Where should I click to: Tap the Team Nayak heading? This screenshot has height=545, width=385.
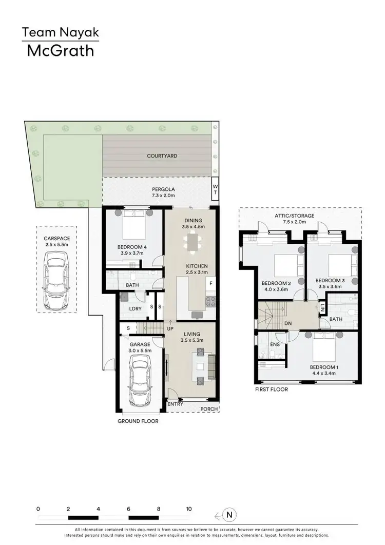click(x=60, y=33)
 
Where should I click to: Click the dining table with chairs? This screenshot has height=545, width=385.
click(x=193, y=244)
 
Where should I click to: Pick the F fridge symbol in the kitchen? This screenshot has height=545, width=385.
click(x=210, y=283)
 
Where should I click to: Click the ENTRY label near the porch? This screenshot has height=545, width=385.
click(x=176, y=404)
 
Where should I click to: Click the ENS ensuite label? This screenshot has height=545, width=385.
click(x=275, y=344)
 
